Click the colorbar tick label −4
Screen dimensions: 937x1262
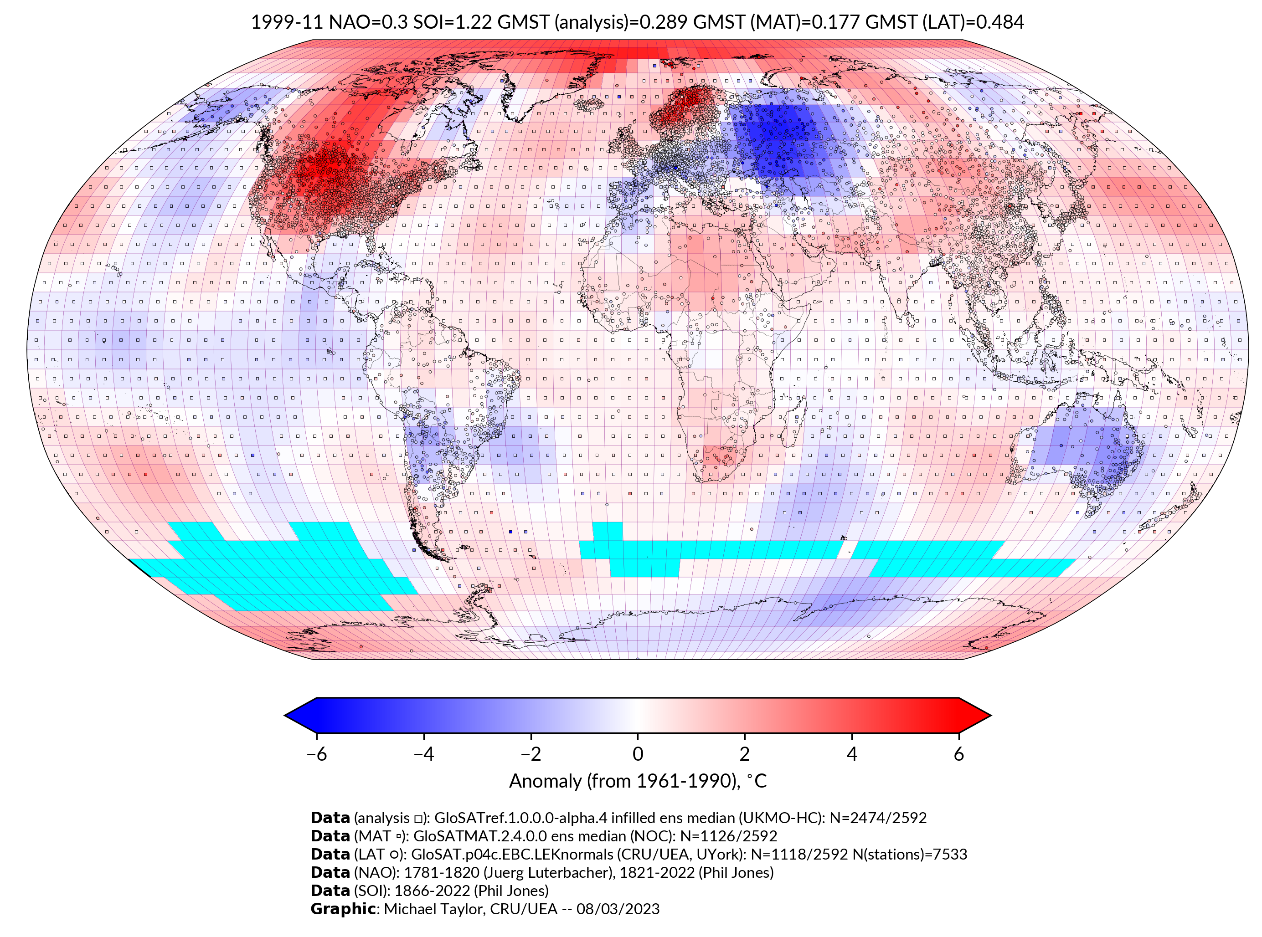[423, 754]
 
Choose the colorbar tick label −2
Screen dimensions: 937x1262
[531, 754]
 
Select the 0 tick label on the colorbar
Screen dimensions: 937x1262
[638, 754]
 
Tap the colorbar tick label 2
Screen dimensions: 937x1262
[745, 754]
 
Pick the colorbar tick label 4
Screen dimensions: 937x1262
[852, 754]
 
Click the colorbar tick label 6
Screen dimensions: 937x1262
[958, 754]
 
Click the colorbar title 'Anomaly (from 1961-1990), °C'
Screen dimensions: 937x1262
[638, 781]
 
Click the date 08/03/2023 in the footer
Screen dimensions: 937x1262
[618, 909]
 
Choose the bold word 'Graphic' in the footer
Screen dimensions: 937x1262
[343, 909]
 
